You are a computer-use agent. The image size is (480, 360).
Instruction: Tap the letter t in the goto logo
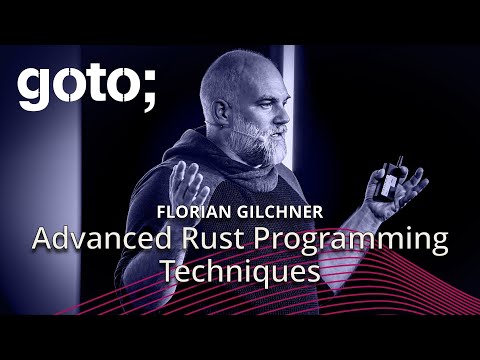(x=87, y=88)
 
